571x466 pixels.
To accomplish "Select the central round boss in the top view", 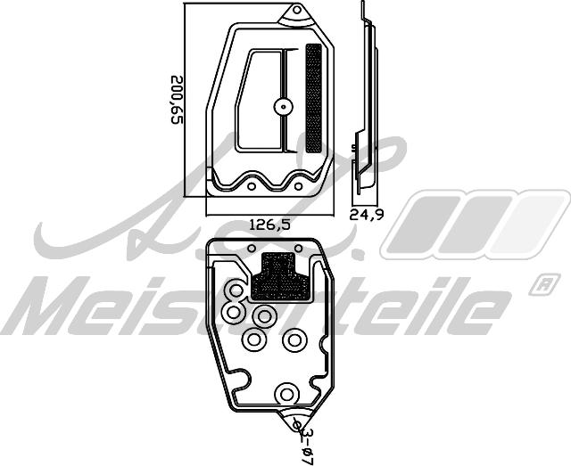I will click(x=284, y=107).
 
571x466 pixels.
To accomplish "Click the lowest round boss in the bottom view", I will click(x=286, y=393).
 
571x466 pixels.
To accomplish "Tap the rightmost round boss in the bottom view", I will click(x=294, y=339).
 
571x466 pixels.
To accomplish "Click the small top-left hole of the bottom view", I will click(x=252, y=248).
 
